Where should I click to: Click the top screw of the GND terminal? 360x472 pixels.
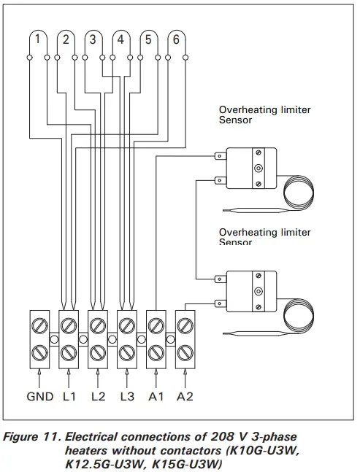[39, 322]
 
